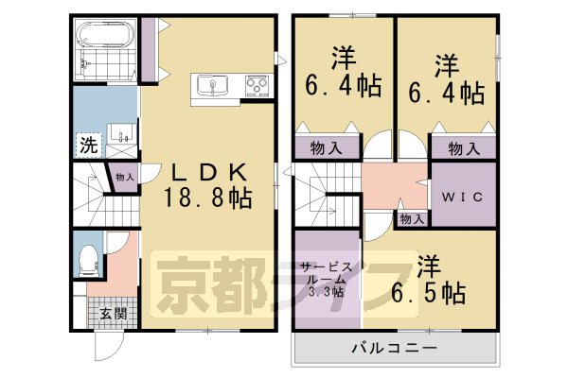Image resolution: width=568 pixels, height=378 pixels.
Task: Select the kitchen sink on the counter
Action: pos(212,86)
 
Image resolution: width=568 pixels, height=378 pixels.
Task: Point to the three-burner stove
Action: pos(257,86)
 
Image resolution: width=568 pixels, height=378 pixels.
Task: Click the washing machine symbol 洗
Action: pos(89,145)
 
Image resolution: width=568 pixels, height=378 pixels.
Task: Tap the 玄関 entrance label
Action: pos(114,314)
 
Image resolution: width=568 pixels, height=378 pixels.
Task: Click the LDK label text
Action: pos(210,172)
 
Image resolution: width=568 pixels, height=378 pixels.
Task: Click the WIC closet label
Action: pos(462,197)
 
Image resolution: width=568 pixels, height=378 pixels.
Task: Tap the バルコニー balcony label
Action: pos(395,348)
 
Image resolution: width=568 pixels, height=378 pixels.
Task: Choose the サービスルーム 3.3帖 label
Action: pos(327,279)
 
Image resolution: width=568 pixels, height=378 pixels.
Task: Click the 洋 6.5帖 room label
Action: pos(429,280)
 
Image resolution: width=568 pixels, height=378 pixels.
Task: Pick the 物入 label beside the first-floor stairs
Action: pos(125,177)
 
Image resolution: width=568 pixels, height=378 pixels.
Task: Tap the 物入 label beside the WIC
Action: pos(412,219)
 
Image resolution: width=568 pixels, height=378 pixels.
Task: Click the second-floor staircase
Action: pos(328,195)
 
